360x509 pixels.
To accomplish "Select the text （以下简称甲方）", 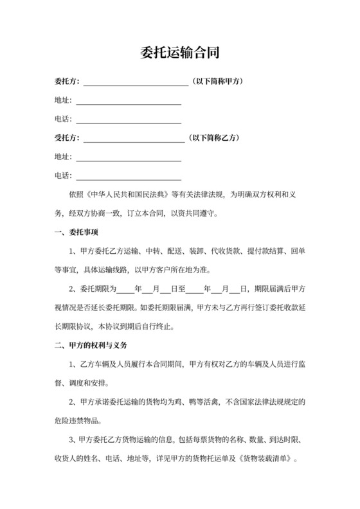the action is pos(217,82).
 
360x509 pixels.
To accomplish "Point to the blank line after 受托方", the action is pos(133,139).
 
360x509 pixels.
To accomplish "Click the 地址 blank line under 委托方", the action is pos(128,102).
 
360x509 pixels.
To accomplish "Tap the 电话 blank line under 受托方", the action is pos(128,177).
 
